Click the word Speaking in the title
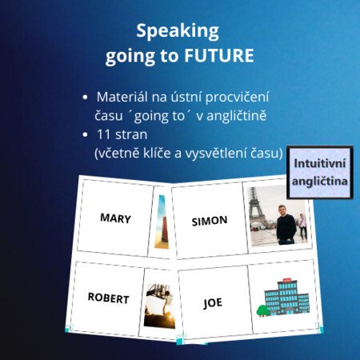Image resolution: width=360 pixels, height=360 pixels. coord(178,31)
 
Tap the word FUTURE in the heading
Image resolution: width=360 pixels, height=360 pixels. coord(219,55)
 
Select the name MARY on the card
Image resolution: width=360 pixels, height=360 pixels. coord(115,218)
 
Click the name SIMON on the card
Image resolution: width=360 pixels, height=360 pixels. coord(210,221)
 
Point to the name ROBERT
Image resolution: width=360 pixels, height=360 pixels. coord(109,298)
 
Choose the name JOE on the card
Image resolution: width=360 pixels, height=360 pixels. coord(213,303)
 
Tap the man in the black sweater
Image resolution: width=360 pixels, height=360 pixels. coord(286,225)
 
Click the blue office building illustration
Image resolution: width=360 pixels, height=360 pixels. coord(286,298)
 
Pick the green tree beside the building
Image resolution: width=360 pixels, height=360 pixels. coord(262,311)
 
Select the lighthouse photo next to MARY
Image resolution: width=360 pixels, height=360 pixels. coord(162,222)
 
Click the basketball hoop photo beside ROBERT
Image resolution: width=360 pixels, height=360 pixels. coord(159,306)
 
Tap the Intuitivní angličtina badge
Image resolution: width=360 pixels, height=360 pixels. coord(320,172)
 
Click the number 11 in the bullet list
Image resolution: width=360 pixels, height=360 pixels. coord(103,134)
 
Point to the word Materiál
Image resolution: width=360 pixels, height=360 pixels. coord(122,97)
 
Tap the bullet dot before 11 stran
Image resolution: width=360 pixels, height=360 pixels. coord(85,135)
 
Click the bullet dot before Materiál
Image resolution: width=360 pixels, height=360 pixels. coord(85,98)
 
